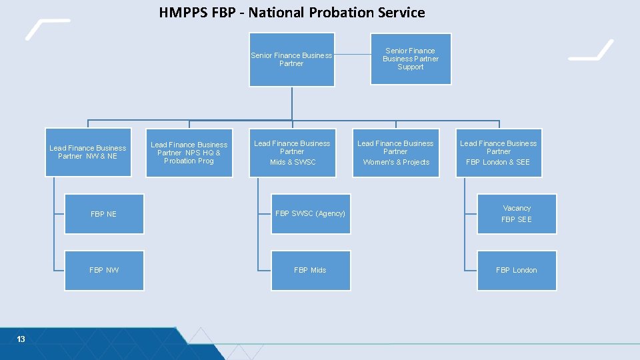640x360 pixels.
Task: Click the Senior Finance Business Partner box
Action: [x=291, y=60]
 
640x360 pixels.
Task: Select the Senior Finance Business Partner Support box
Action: [x=411, y=59]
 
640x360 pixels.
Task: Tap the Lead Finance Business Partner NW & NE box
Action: [x=88, y=153]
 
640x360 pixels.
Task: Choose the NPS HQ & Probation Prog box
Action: [x=189, y=153]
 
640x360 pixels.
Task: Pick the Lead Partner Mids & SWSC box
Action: [x=292, y=153]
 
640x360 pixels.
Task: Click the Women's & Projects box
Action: [x=396, y=153]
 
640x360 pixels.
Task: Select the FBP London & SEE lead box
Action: [x=499, y=153]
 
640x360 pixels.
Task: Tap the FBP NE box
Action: [x=104, y=214]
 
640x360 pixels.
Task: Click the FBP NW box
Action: [x=104, y=270]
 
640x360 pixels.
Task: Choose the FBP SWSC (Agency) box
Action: [x=311, y=214]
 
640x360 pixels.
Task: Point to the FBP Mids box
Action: [x=311, y=270]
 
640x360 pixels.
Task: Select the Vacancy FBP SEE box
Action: [x=517, y=214]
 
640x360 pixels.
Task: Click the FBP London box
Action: [x=517, y=270]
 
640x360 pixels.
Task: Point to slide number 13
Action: [x=21, y=339]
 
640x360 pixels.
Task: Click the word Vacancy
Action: [x=517, y=209]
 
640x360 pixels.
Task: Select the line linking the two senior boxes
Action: [x=351, y=55]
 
